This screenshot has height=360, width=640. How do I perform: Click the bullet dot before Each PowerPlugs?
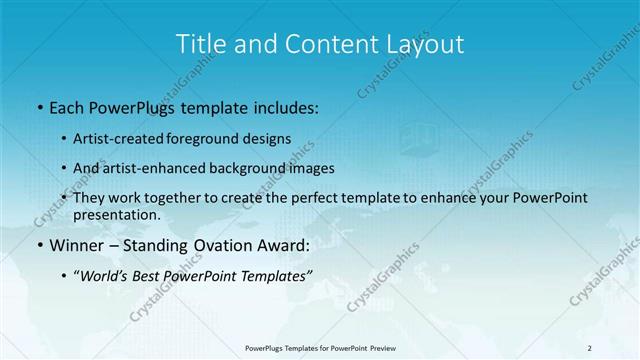click(38, 104)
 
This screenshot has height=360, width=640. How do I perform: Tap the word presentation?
click(116, 215)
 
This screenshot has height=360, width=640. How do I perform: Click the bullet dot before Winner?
click(38, 245)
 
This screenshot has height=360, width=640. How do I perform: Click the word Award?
click(274, 245)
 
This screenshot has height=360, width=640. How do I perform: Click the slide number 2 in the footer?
click(590, 347)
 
